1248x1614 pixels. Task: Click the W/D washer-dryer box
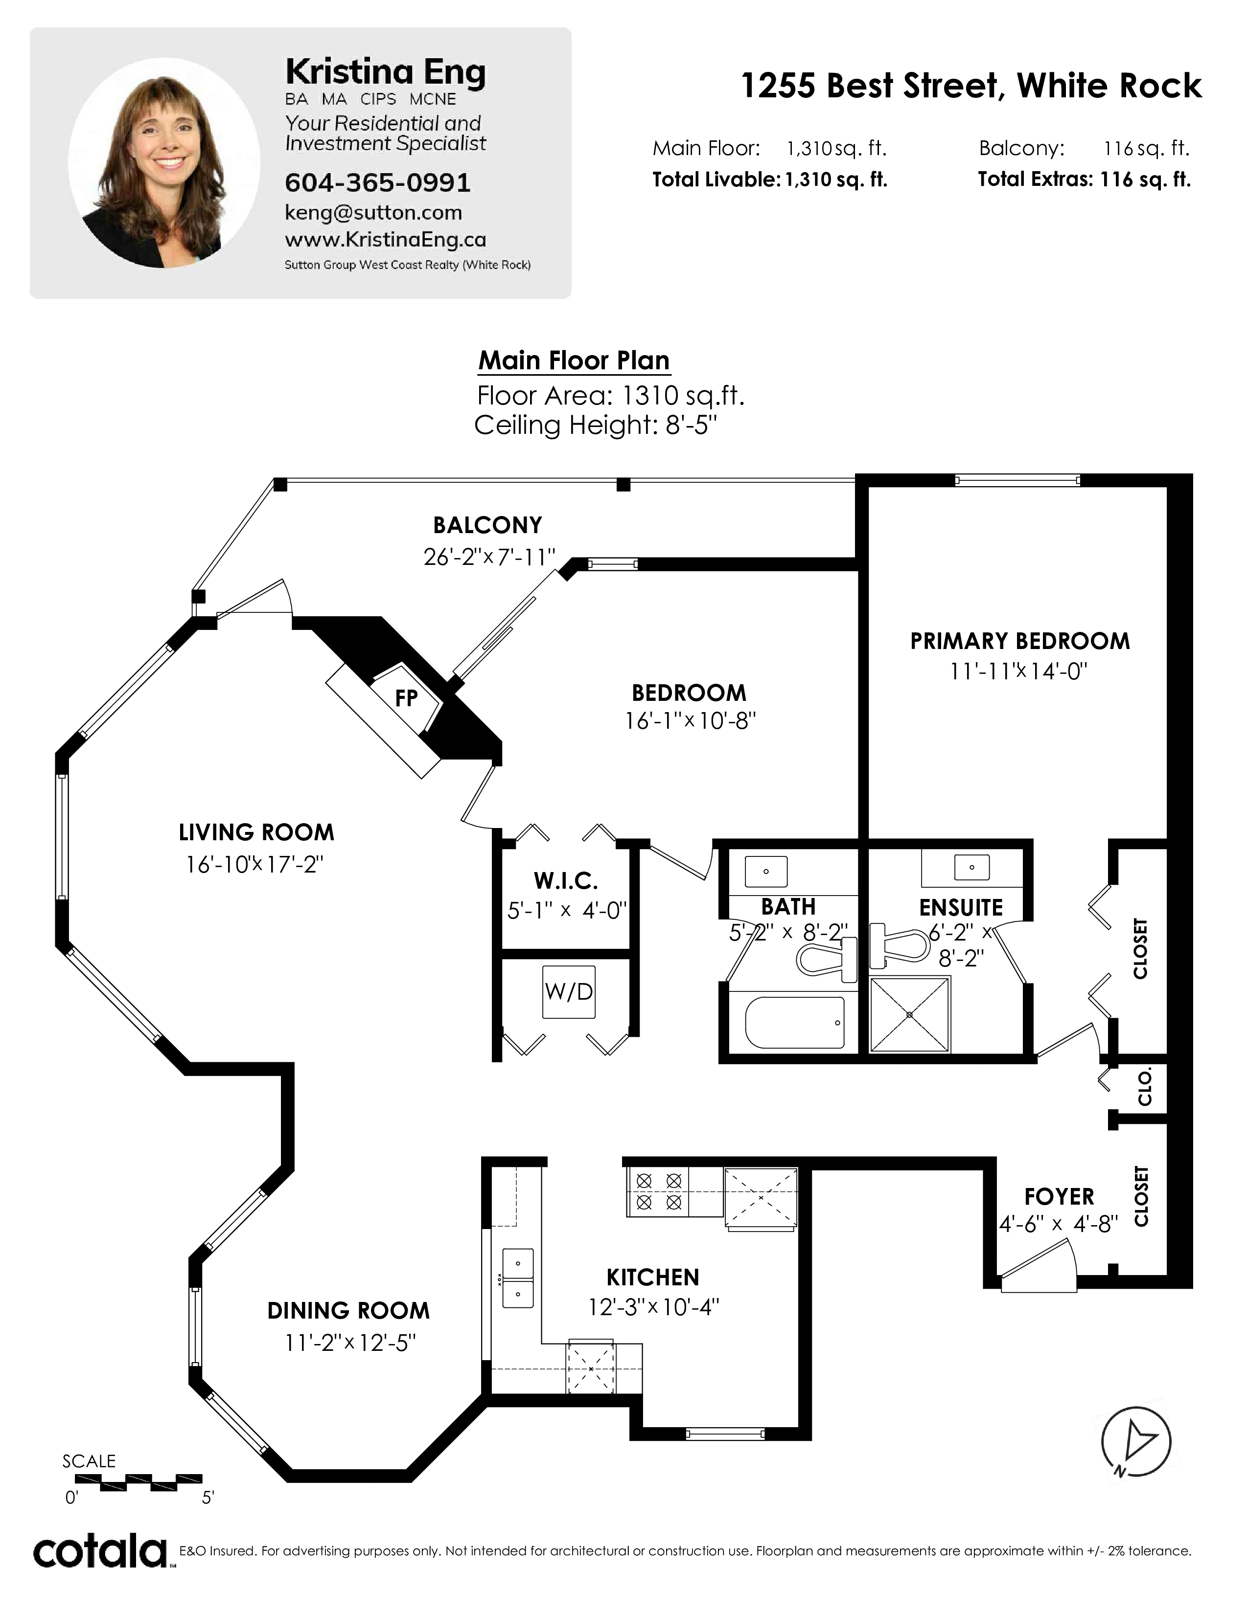pyautogui.click(x=569, y=992)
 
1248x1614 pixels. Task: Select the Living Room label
pyautogui.click(x=256, y=833)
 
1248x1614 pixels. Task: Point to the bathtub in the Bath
pyautogui.click(x=795, y=1023)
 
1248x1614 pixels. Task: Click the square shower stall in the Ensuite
pyautogui.click(x=909, y=1015)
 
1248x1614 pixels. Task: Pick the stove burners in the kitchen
pyautogui.click(x=658, y=1192)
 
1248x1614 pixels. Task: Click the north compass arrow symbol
pyautogui.click(x=1136, y=1442)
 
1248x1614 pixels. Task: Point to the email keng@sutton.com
pyautogui.click(x=373, y=213)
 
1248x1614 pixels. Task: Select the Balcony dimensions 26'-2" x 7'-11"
pyautogui.click(x=489, y=557)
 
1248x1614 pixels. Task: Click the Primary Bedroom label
pyautogui.click(x=1019, y=641)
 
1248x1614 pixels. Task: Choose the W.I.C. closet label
pyautogui.click(x=566, y=881)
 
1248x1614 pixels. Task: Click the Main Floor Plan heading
pyautogui.click(x=574, y=360)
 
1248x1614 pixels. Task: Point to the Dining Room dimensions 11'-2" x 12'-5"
pyautogui.click(x=350, y=1343)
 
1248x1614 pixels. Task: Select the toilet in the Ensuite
pyautogui.click(x=898, y=945)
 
